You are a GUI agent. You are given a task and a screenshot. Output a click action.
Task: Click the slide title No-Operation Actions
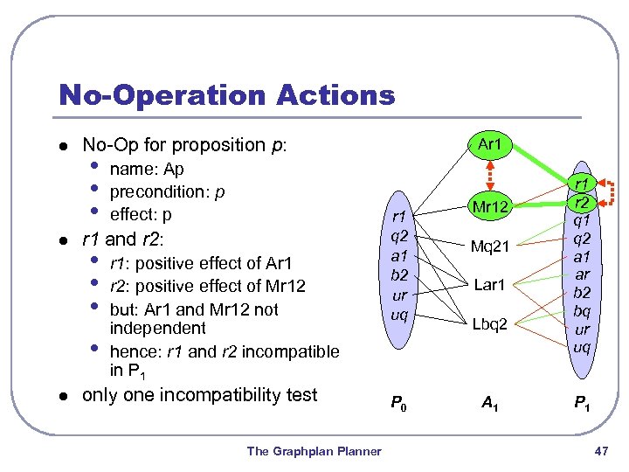click(x=226, y=94)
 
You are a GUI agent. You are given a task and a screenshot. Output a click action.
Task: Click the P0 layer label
click(x=397, y=404)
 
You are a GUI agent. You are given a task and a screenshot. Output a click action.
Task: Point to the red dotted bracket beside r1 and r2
click(x=612, y=195)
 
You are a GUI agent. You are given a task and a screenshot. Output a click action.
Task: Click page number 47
click(x=599, y=451)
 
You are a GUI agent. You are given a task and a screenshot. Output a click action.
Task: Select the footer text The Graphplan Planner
click(x=314, y=451)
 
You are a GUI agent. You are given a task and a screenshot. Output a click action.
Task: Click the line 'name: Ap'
click(x=147, y=169)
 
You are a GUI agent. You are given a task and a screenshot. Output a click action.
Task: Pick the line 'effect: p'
click(x=141, y=214)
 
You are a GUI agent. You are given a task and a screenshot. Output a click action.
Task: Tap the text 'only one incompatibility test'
click(x=199, y=395)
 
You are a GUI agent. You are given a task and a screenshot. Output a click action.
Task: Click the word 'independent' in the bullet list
click(x=157, y=329)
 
